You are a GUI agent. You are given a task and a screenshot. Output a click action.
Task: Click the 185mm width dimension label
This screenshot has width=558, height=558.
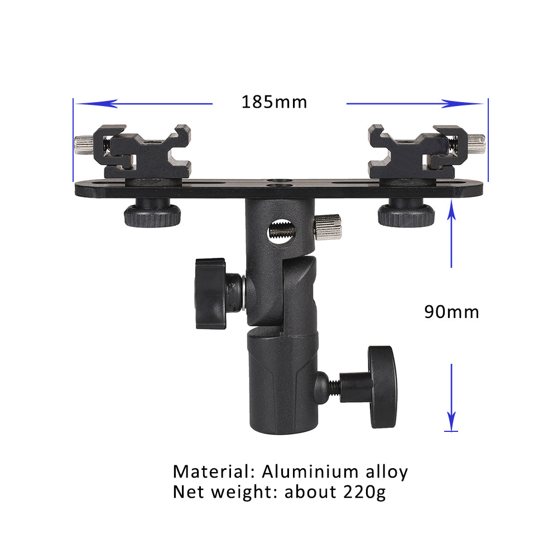[x=274, y=102]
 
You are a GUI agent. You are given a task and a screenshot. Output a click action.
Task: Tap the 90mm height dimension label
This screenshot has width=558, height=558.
[x=451, y=311]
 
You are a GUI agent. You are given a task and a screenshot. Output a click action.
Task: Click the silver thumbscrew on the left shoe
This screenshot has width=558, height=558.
[x=83, y=146]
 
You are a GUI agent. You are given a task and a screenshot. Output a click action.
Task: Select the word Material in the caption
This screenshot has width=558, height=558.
[x=209, y=472]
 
